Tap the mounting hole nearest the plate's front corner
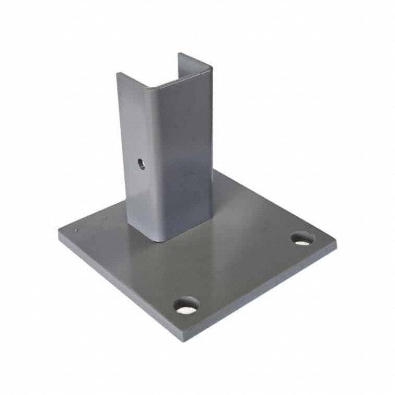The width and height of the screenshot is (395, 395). click(187, 305)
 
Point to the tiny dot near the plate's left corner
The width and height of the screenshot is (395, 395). click(76, 231)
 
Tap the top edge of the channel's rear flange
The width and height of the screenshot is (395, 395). click(194, 59)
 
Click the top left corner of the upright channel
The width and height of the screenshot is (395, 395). click(118, 74)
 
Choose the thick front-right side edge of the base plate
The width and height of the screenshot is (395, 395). click(261, 293)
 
